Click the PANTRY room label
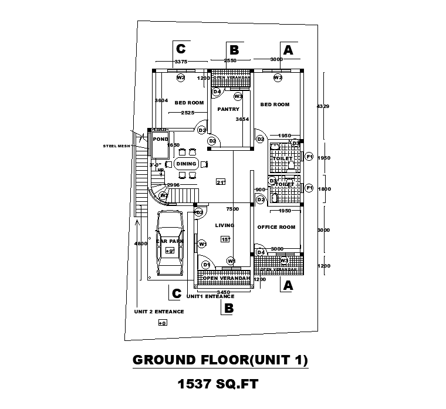coord(227,109)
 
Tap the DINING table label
coord(187,164)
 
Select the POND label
coord(160,139)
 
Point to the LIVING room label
coord(225,225)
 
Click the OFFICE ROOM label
coord(276,227)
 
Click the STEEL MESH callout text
coord(117,146)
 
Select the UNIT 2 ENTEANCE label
coord(159,312)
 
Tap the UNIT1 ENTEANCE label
coord(210,297)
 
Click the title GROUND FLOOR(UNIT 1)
coord(220,360)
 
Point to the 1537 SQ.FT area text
coord(218,385)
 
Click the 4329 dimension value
coord(323,106)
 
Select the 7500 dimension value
coord(232,209)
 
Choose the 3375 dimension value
coord(181,61)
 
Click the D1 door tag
coord(206,265)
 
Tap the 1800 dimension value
coord(323,189)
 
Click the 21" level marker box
coord(221,181)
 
